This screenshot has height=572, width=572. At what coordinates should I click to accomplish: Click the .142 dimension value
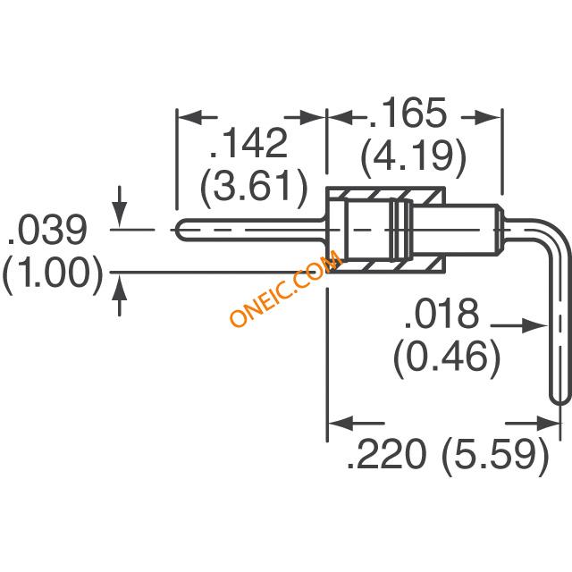pos(248,143)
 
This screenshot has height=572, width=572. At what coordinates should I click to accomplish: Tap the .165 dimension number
pos(408,113)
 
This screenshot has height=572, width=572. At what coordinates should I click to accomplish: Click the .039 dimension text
pos(47,231)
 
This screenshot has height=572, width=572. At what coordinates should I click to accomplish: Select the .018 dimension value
pos(442,315)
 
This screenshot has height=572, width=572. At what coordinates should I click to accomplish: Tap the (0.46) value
pos(447,357)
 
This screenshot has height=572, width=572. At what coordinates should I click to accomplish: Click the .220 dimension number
pos(386,454)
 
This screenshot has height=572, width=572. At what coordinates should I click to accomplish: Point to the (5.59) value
pos(496,456)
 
